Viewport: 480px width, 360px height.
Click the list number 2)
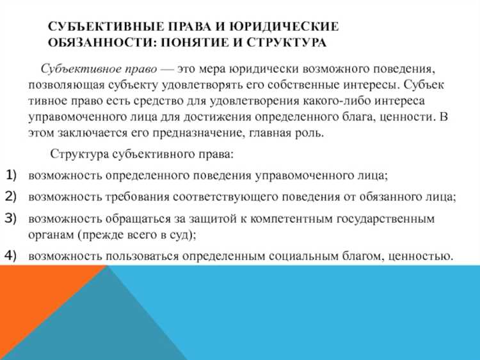(13, 195)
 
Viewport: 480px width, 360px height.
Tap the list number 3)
(13, 217)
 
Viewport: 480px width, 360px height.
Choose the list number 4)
(13, 254)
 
